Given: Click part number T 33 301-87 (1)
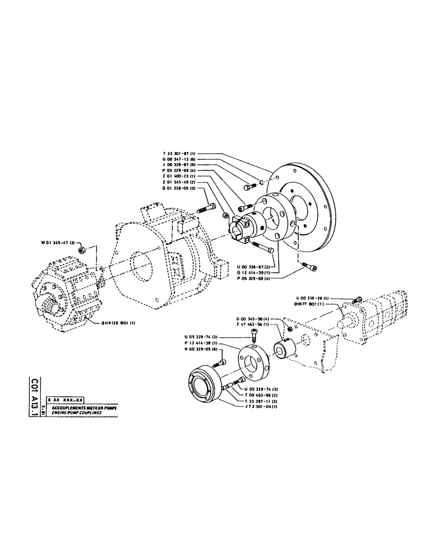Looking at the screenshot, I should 175,153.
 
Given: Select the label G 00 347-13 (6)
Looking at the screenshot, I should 175,159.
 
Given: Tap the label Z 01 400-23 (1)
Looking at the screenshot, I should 175,176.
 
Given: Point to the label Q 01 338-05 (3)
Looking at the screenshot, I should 175,188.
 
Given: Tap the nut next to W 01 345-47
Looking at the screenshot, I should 81,249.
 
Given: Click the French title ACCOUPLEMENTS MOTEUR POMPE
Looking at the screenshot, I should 82,408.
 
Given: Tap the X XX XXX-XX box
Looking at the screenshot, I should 66,400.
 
